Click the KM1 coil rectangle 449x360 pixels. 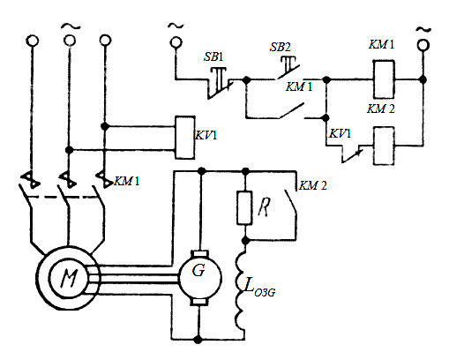click(x=384, y=79)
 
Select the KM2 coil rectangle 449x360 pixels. click(x=384, y=146)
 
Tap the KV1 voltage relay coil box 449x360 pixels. click(x=184, y=138)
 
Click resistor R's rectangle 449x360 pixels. click(x=244, y=208)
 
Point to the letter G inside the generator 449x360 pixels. click(x=198, y=270)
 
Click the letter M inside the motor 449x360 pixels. click(x=69, y=278)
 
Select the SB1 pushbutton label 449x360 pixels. click(x=213, y=56)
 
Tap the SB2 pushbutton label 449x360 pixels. click(x=281, y=47)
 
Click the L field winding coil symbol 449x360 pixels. click(x=241, y=289)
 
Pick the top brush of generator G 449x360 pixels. click(x=199, y=253)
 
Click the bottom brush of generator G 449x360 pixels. click(x=199, y=302)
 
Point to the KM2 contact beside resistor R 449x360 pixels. click(x=291, y=201)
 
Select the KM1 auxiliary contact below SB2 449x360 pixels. click(x=291, y=110)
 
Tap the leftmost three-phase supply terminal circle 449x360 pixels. click(x=33, y=41)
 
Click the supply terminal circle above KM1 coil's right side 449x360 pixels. click(x=423, y=46)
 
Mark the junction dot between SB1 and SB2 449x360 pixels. click(x=246, y=79)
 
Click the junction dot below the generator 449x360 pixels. click(x=198, y=340)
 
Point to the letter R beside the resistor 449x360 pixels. click(x=264, y=206)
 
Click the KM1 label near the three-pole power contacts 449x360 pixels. click(x=127, y=181)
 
